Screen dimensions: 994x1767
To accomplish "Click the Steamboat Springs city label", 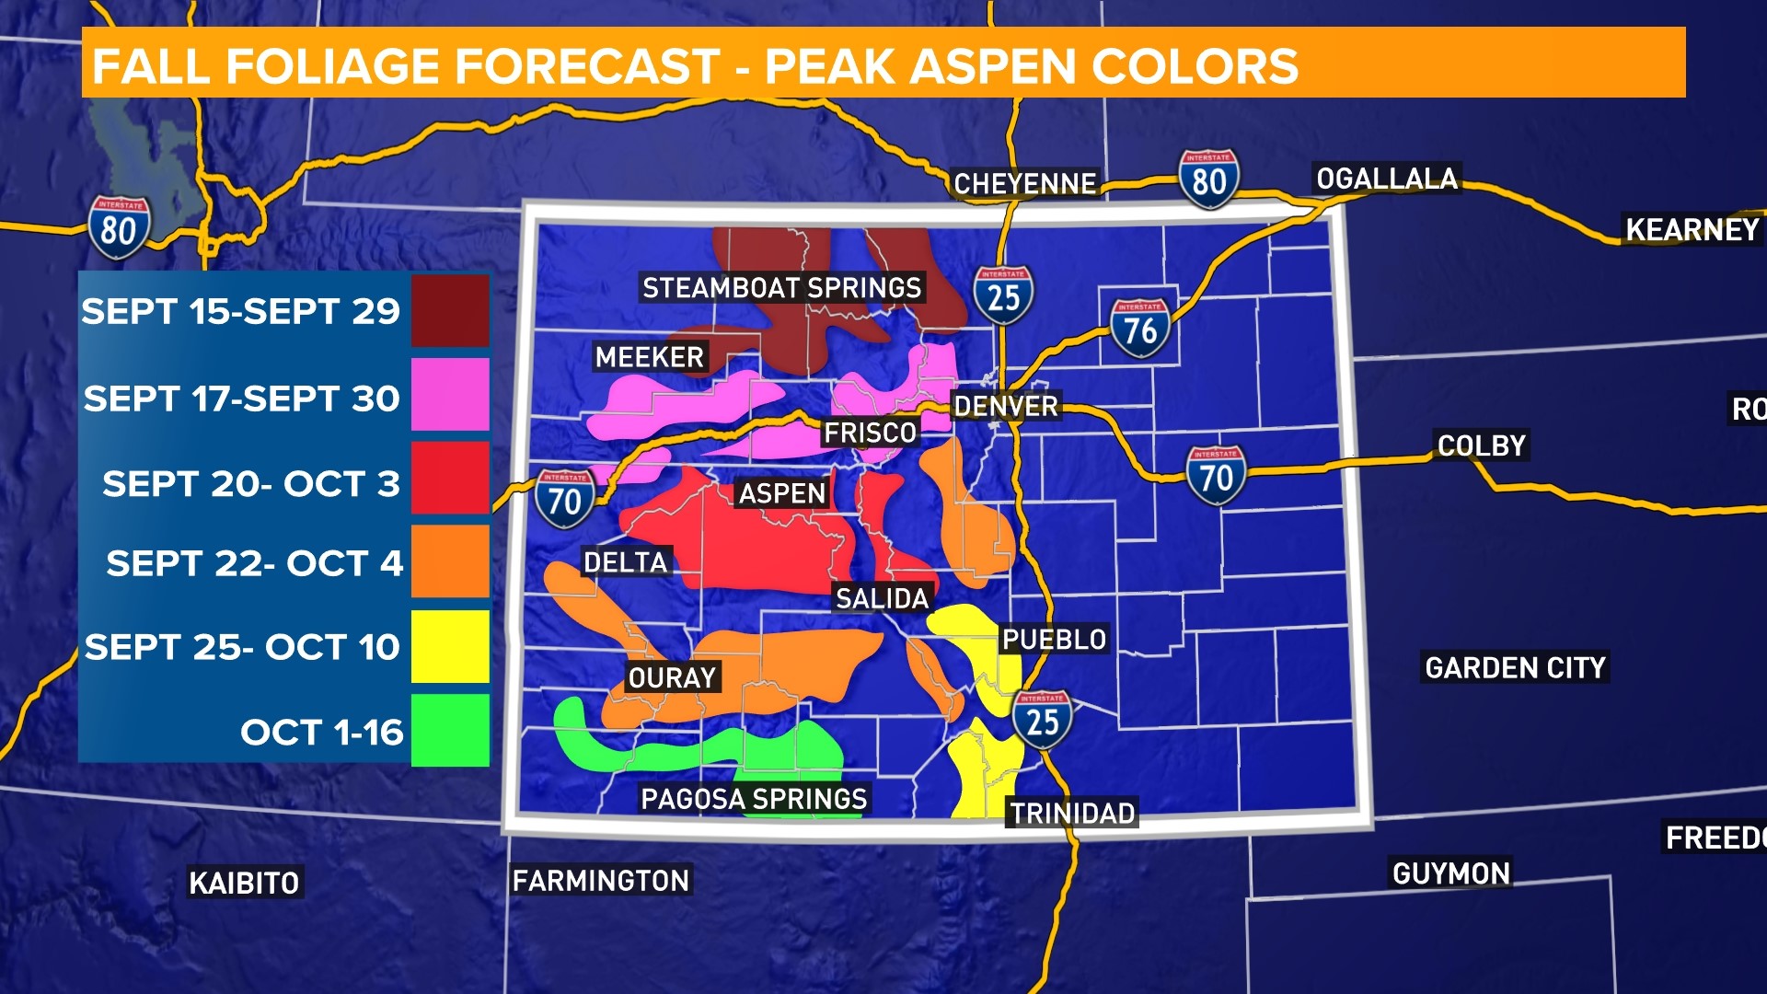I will [781, 288].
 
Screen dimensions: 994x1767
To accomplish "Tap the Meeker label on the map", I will [649, 357].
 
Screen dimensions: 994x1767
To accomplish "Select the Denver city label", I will [1005, 406].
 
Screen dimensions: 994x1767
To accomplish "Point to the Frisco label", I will [870, 433].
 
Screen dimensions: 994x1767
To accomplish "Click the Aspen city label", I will [782, 493].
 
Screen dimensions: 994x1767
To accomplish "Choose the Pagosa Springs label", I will [754, 798].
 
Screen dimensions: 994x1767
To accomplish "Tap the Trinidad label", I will [1072, 813].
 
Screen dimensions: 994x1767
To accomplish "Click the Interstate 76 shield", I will [1139, 329].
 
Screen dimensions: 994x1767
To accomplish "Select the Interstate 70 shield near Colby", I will [1216, 476].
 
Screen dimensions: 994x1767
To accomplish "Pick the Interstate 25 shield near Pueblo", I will [1042, 720].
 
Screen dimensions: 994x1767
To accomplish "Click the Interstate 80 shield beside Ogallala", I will [1208, 179].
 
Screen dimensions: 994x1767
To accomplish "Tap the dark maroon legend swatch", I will [450, 311].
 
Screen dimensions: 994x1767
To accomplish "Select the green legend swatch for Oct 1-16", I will [450, 731].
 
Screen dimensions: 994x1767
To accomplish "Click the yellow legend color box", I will [450, 646].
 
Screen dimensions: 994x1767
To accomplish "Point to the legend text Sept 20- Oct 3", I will [250, 483].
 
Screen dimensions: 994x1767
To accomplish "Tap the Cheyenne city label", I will [1024, 184].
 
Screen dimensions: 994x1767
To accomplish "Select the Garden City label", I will [1515, 667].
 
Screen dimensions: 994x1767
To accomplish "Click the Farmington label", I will [600, 881].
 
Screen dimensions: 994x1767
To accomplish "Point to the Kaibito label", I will [244, 883].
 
